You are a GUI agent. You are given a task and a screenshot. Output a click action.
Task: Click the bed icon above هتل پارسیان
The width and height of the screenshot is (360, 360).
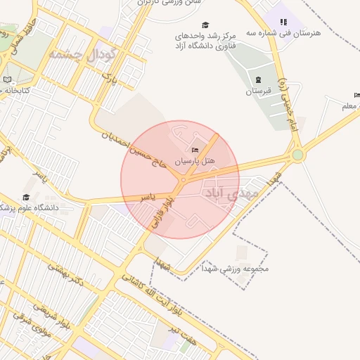coord(195,150)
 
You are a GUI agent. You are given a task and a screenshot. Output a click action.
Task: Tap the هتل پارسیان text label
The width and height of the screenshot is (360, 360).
coord(195,161)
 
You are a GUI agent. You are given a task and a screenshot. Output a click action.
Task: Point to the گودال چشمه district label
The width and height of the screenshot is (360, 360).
coord(77,54)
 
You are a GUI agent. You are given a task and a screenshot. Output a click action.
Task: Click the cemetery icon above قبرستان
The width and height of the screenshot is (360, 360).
coord(258,79)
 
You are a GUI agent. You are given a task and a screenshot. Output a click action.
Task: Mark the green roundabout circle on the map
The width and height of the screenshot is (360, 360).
coord(297,154)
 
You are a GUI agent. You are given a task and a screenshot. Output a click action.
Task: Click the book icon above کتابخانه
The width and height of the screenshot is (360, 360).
coord(8,80)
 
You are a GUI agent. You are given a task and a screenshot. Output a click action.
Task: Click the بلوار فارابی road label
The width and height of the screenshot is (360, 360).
coord(161,212)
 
